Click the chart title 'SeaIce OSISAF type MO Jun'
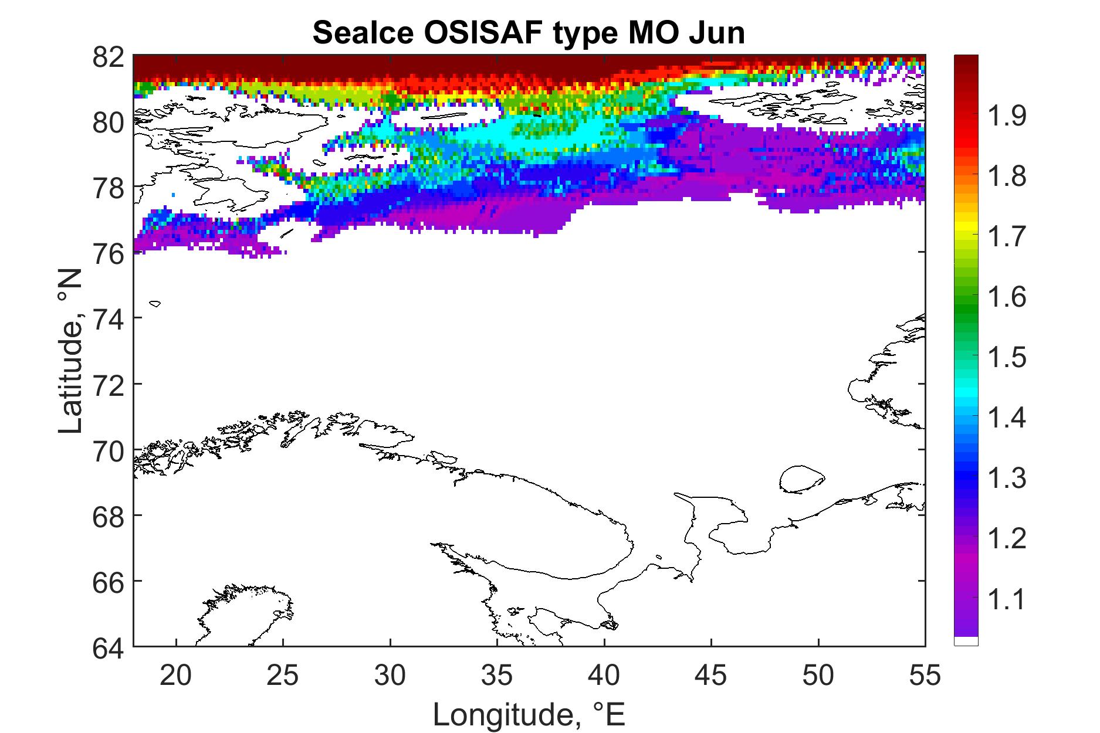(529, 33)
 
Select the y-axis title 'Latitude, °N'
(72, 351)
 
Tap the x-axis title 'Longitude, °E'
(529, 714)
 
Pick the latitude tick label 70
(108, 450)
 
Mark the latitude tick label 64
(108, 647)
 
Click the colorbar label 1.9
(1007, 116)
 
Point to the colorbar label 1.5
(1007, 357)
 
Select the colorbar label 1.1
(1007, 599)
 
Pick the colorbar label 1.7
(1007, 237)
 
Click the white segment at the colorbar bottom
(966, 641)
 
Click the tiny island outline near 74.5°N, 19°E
(155, 303)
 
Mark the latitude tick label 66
(108, 581)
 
